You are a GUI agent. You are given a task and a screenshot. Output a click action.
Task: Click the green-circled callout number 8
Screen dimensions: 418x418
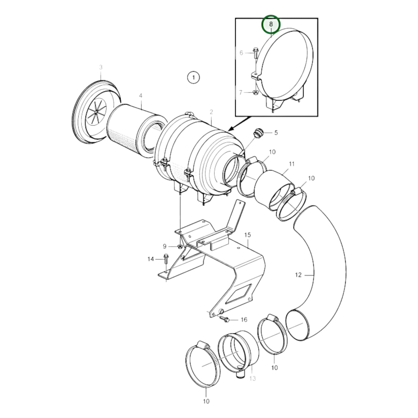(271, 24)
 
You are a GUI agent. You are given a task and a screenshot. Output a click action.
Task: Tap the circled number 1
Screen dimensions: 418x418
(193, 77)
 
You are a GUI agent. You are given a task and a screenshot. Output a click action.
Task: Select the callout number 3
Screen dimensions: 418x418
(101, 67)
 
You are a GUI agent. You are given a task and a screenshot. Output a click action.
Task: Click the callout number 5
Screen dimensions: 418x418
(276, 132)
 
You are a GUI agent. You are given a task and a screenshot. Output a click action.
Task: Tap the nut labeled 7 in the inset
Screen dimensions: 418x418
(255, 93)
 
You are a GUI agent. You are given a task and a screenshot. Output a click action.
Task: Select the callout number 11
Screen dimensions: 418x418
(292, 164)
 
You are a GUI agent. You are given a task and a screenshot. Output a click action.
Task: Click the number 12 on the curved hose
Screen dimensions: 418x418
(298, 275)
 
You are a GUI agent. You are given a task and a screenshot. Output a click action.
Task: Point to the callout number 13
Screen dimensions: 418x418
(253, 378)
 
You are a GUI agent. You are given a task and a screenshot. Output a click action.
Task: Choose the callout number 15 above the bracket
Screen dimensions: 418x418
(247, 235)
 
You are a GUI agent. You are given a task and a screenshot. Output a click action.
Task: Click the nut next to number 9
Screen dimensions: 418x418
(180, 246)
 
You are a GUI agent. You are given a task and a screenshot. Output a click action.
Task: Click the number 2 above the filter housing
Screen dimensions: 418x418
(211, 112)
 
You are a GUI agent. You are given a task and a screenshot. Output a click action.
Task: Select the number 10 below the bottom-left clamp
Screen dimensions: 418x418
(206, 401)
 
